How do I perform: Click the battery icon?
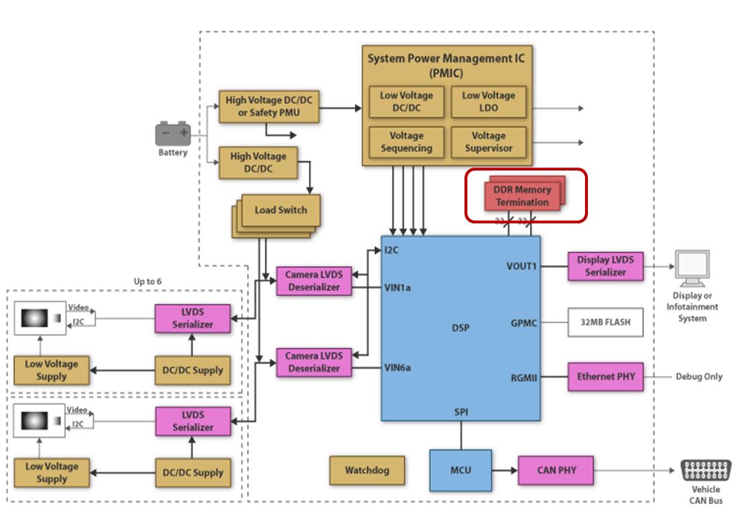[x=173, y=134]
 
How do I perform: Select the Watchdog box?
[x=366, y=471]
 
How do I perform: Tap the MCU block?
[x=460, y=471]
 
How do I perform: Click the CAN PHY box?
[x=556, y=471]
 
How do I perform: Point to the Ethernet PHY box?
[x=606, y=377]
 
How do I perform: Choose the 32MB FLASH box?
[x=606, y=323]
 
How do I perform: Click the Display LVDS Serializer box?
[x=606, y=266]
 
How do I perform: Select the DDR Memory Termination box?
[x=522, y=196]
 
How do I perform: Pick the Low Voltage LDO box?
[x=488, y=102]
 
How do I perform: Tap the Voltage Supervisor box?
[x=488, y=142]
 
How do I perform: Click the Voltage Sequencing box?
[x=406, y=142]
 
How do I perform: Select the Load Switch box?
[x=281, y=211]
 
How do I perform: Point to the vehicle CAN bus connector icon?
[x=705, y=471]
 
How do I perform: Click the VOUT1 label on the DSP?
[x=522, y=266]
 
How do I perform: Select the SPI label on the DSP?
[x=461, y=411]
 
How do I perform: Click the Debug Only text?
[x=699, y=377]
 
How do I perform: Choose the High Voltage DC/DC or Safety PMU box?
[x=269, y=107]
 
